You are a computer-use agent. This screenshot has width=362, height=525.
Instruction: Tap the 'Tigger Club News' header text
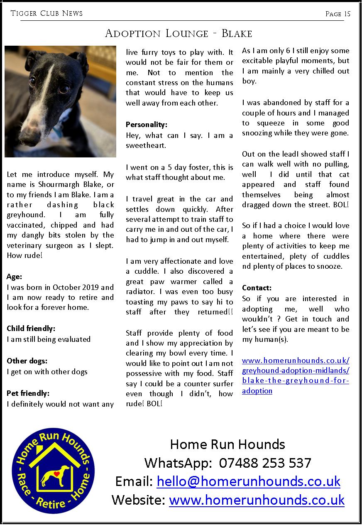[46, 13]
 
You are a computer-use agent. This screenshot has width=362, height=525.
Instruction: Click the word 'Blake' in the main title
[237, 33]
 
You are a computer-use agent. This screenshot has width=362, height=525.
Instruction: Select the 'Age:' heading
[15, 277]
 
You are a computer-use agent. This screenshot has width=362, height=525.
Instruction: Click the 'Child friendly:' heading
[31, 329]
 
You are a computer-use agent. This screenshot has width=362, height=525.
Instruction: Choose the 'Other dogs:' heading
[27, 361]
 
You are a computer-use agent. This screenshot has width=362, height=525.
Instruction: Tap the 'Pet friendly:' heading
[28, 393]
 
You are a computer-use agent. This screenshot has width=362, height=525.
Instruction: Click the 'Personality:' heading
[147, 125]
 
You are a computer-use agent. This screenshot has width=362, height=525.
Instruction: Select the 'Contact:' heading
[257, 288]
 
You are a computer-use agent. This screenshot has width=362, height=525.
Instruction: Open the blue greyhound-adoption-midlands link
[296, 370]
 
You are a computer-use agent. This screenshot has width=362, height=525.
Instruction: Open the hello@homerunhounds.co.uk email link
[248, 481]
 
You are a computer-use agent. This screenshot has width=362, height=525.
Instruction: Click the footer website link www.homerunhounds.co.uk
[257, 500]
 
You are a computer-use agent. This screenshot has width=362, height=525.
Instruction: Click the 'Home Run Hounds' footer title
[227, 444]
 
